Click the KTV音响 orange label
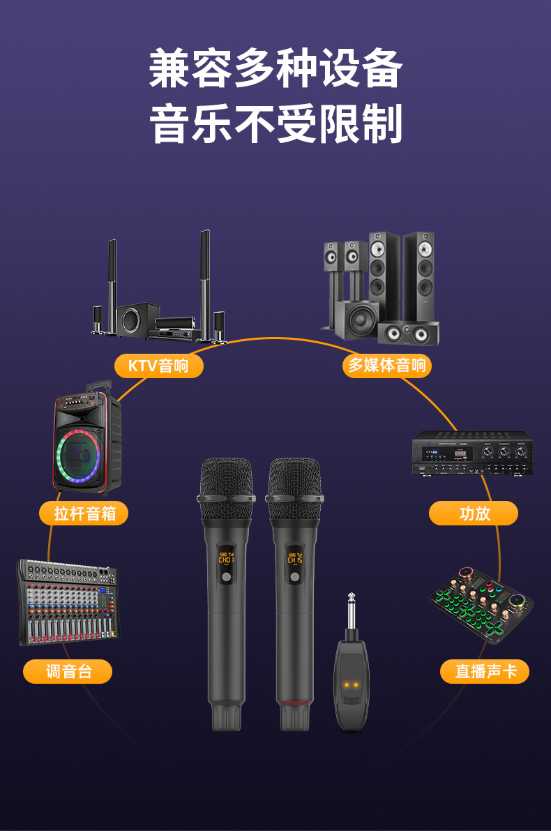[x=158, y=366]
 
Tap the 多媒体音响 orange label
[x=386, y=365]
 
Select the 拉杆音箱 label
[x=84, y=514]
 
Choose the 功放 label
[x=474, y=514]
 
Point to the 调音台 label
[x=68, y=671]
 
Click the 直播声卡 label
[x=485, y=671]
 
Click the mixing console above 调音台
[x=68, y=600]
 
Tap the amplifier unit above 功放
[x=471, y=454]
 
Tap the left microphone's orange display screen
[x=226, y=558]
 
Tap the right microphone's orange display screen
[x=294, y=558]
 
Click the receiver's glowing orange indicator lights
[x=352, y=685]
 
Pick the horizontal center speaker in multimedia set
[x=409, y=334]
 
